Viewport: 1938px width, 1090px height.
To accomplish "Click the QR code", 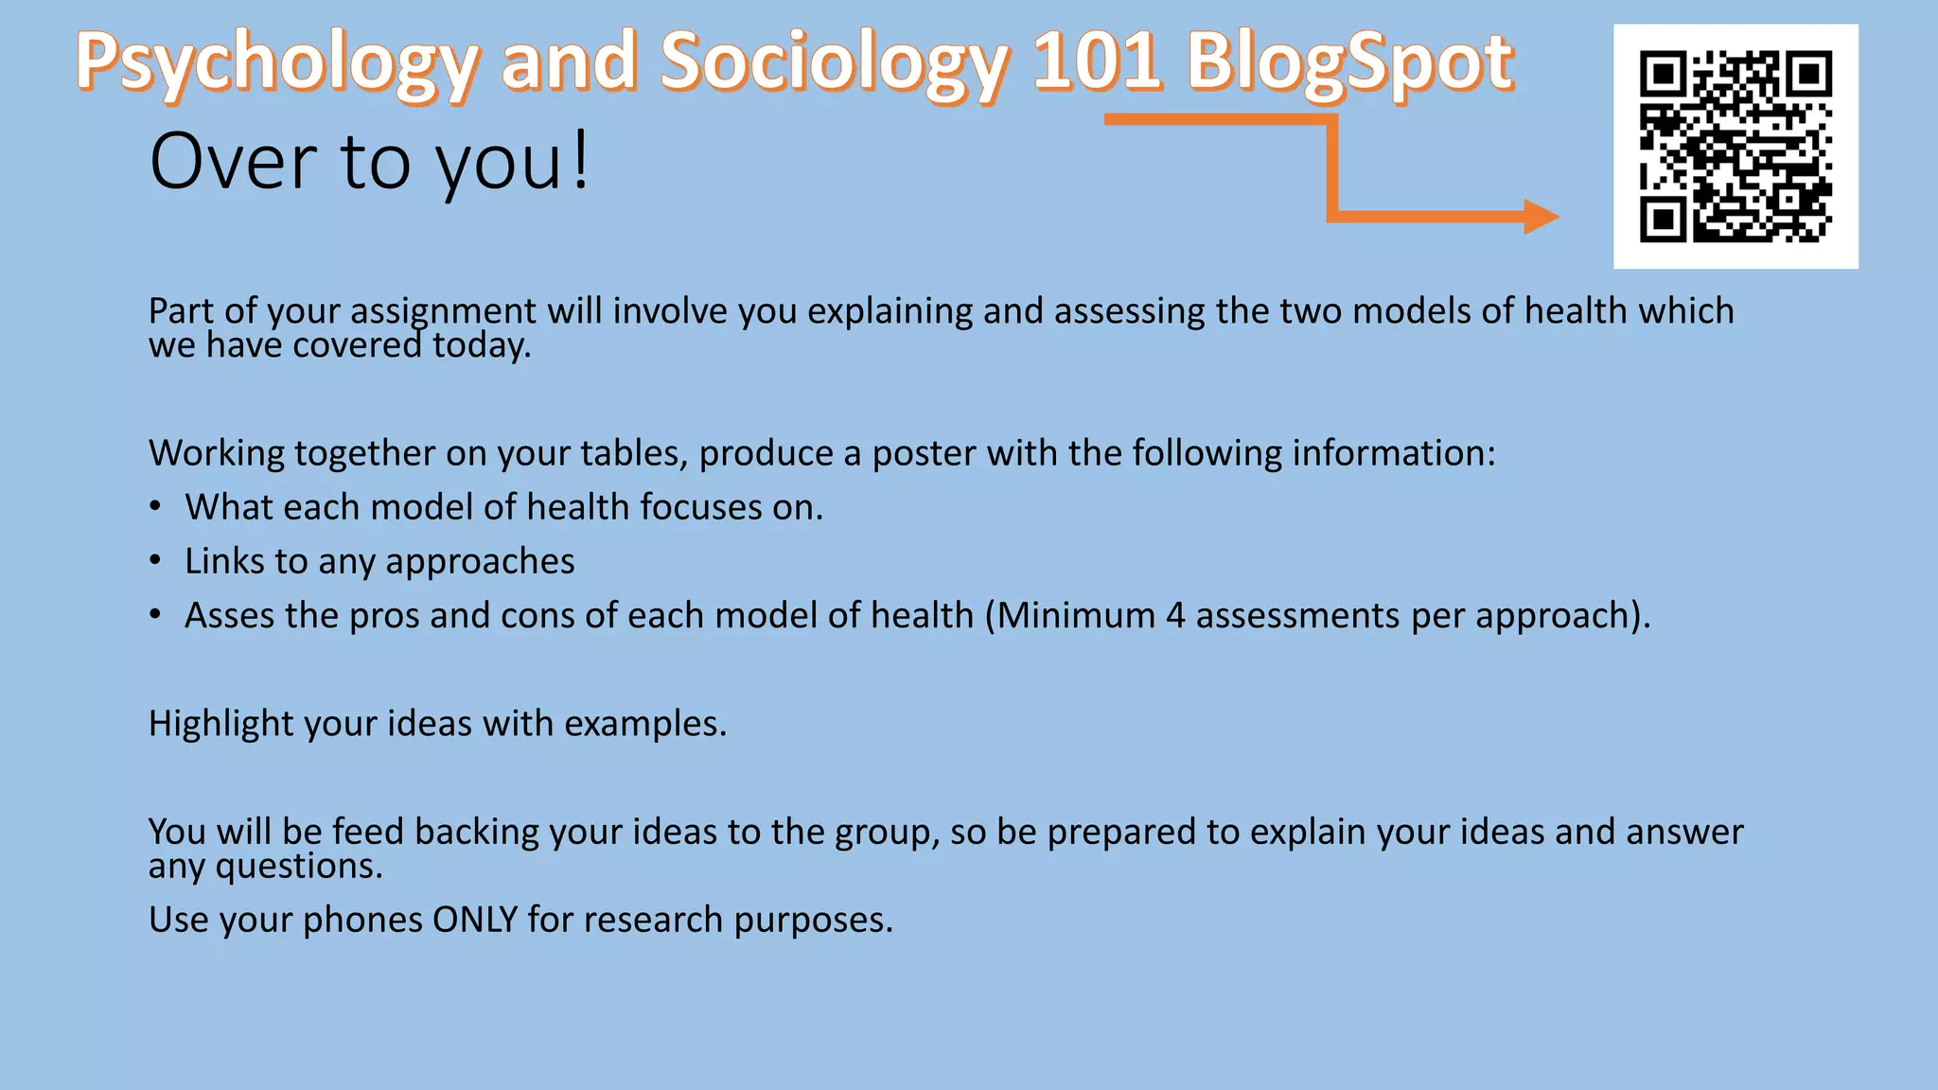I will pos(1735,147).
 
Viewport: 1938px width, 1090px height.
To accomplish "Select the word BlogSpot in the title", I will pos(1350,62).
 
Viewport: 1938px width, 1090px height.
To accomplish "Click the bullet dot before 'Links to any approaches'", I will pos(155,561).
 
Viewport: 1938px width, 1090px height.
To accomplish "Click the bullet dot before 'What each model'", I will pos(155,507).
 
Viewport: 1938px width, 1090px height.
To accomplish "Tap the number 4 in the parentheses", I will pos(1175,616).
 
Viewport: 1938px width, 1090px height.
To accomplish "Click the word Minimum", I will pos(1076,616).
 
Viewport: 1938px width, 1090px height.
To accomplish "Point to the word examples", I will pos(644,724).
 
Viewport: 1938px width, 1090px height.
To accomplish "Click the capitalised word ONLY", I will pos(475,920).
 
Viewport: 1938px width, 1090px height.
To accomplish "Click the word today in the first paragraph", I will pos(481,346).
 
